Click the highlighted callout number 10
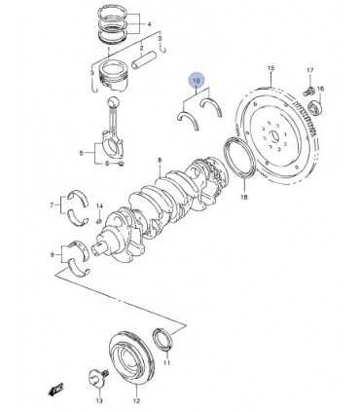pyautogui.click(x=197, y=82)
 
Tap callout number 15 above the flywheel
pyautogui.click(x=271, y=66)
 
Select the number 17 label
pyautogui.click(x=309, y=70)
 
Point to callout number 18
pyautogui.click(x=244, y=197)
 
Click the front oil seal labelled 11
pyautogui.click(x=167, y=340)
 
